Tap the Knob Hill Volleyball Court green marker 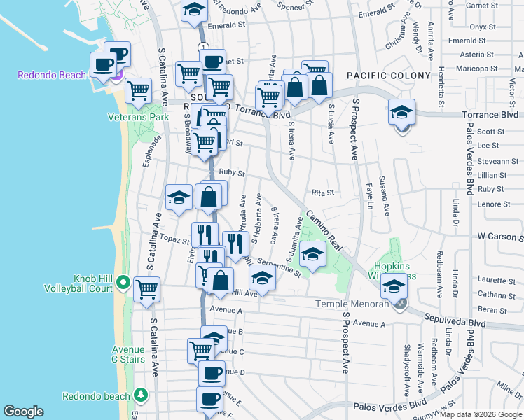click(123, 283)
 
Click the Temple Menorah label click(351, 304)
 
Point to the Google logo click(23, 412)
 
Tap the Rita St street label click(322, 192)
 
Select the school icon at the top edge click(193, 10)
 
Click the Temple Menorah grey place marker click(400, 304)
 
